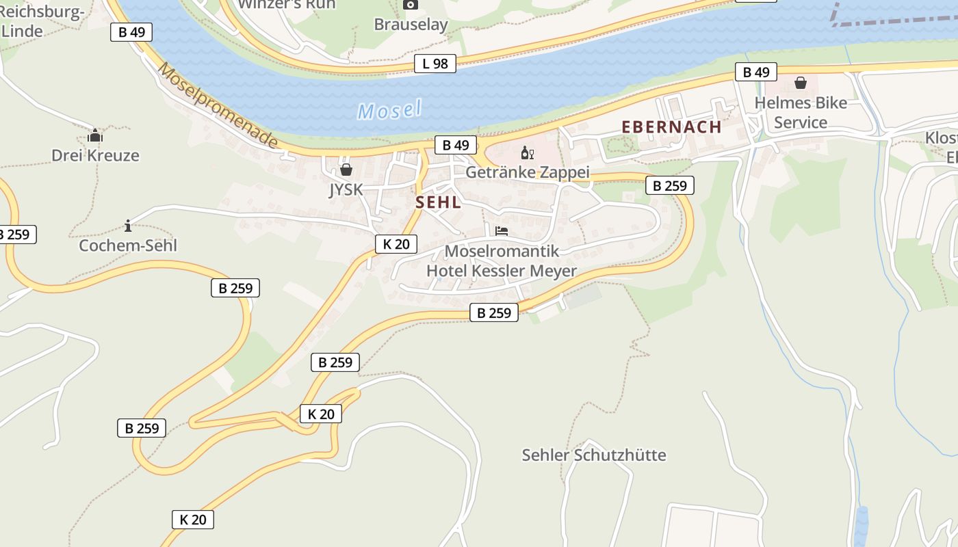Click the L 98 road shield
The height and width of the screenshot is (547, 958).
tap(435, 64)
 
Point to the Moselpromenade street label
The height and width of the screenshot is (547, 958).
tap(218, 106)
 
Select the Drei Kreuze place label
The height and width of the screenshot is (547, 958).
tap(95, 155)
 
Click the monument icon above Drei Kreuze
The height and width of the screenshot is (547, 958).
tap(95, 135)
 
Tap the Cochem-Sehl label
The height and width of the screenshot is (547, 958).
tap(128, 245)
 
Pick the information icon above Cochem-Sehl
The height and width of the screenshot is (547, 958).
tap(128, 226)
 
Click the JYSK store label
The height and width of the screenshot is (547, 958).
tap(346, 189)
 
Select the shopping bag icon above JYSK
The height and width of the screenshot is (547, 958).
tap(346, 169)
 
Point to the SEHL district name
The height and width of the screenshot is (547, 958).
tap(438, 202)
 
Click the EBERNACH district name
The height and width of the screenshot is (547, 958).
tap(671, 127)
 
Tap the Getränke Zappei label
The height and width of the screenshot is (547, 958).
tap(527, 172)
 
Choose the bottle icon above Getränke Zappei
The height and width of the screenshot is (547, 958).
tap(527, 152)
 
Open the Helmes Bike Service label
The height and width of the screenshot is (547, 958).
tap(801, 113)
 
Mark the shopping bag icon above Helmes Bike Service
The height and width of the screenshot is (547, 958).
tap(800, 83)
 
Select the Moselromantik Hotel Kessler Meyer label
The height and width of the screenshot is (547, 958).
tap(502, 261)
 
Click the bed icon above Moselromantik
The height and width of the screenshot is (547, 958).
tap(502, 231)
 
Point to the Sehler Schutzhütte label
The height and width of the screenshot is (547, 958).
tap(593, 455)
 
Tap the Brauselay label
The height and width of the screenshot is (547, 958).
tap(411, 25)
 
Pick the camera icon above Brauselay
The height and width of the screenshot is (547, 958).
tap(411, 5)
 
